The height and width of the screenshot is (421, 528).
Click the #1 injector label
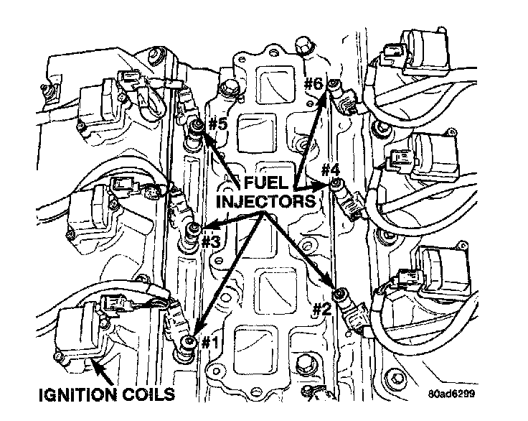coord(209,343)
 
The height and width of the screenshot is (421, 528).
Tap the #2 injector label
coord(323,310)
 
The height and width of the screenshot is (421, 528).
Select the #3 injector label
coord(209,241)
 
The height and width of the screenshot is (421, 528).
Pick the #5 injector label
coord(218,124)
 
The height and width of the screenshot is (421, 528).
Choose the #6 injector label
coord(313,83)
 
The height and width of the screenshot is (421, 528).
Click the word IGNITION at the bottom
coord(78,394)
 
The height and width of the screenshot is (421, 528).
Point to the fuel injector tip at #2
coord(341,293)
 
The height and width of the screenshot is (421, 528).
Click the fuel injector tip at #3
coord(192,231)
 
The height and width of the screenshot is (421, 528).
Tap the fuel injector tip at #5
coord(196,131)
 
